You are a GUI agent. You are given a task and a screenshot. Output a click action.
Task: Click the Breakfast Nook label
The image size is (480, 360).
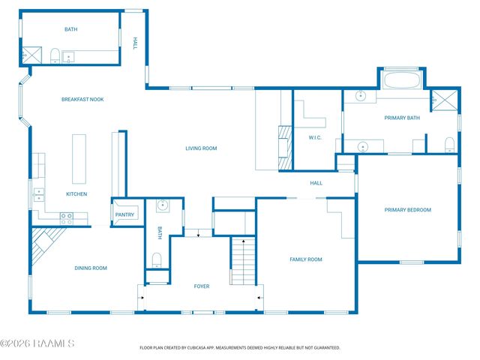coord(82,100)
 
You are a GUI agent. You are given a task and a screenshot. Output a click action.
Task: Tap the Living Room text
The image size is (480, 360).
coord(201,148)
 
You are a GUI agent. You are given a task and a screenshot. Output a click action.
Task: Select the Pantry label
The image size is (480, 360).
coord(124,214)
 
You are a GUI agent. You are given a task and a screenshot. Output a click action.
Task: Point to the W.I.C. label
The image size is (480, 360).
coord(315,138)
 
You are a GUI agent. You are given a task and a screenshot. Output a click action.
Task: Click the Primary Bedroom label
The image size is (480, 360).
coord(408,210)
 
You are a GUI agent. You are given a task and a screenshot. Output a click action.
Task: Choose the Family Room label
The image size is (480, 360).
coord(306,259)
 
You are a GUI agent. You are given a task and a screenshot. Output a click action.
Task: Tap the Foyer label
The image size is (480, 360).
coord(202,286)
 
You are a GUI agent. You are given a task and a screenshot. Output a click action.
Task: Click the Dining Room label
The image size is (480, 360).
coord(91,268)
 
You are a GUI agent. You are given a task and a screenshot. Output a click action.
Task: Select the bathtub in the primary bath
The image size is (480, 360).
coord(402,80)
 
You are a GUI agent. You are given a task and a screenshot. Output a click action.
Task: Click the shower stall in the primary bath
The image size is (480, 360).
coord(445,100)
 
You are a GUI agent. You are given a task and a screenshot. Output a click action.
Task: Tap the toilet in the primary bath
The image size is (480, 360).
coord(449,145)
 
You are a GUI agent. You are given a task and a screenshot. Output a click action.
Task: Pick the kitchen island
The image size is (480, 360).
coord(79,159)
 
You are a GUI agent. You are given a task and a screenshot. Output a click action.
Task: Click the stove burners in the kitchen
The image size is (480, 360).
coord(67,218)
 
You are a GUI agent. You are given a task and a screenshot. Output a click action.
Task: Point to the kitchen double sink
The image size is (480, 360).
coord(39,195)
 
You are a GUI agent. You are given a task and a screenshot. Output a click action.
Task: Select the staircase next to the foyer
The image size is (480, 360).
coord(243,261)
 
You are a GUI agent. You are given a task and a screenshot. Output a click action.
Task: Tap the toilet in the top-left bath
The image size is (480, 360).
coord(55,55)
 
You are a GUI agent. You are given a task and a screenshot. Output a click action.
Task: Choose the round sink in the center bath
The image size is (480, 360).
coord(162,205)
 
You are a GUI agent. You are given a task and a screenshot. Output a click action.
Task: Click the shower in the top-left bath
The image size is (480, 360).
coord(31,55)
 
